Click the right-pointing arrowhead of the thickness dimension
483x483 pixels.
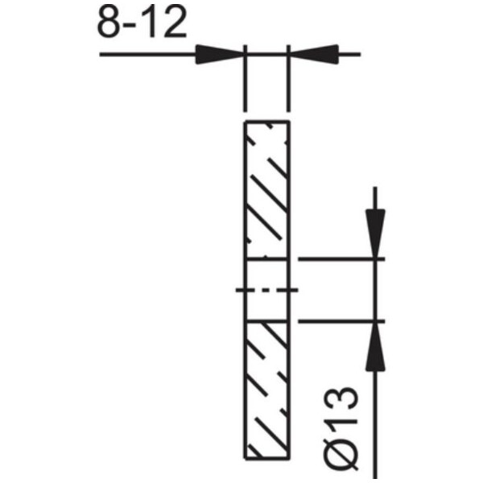[x=220, y=55]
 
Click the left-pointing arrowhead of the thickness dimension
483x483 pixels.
[x=314, y=55]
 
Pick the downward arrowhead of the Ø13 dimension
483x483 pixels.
[x=375, y=233]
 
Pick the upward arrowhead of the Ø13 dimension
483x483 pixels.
[x=375, y=346]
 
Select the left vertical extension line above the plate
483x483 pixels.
[x=246, y=78]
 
